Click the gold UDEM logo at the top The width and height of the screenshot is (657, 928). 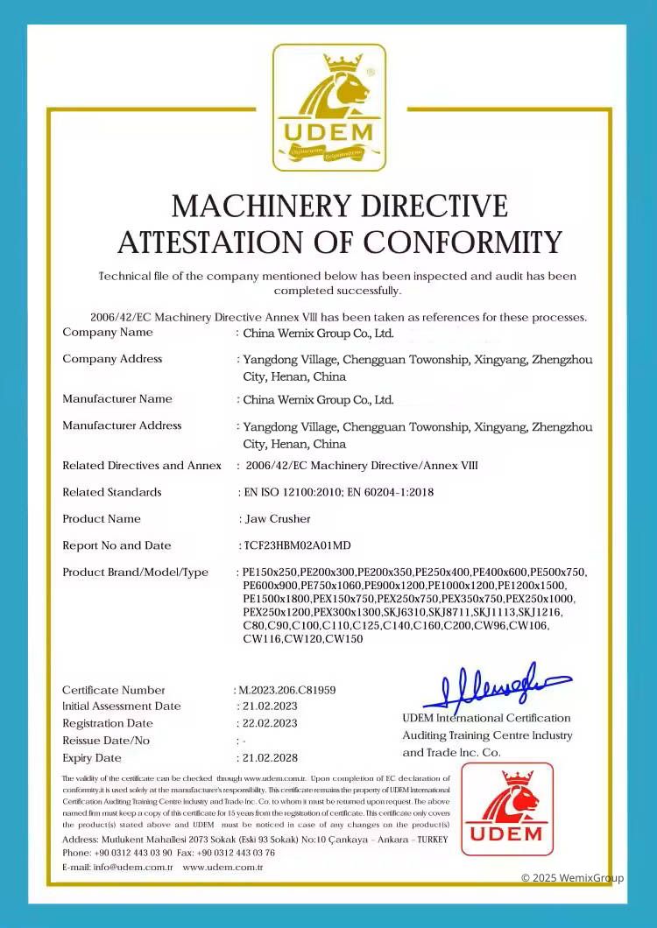(328, 107)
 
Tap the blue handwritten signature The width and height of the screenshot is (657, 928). (495, 688)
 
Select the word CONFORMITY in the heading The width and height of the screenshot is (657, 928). (463, 241)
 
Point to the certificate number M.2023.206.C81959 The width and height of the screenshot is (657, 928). (286, 690)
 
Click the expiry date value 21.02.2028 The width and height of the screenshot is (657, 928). (270, 757)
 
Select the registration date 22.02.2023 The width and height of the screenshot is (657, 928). (270, 723)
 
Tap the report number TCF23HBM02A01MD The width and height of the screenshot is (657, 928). (297, 545)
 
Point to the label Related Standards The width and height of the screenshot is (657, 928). (112, 492)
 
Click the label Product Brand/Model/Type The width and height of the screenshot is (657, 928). (135, 572)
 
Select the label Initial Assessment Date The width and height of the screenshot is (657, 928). (121, 706)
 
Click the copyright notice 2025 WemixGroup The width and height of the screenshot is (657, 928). (573, 877)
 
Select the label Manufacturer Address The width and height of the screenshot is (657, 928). (122, 425)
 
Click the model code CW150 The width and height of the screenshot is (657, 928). (343, 639)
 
